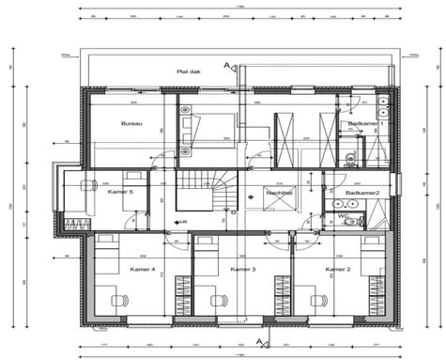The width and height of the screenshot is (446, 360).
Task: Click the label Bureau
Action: coord(131,123)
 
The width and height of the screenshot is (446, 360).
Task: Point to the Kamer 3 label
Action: coord(242,269)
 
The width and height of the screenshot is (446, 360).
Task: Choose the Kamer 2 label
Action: coord(338,269)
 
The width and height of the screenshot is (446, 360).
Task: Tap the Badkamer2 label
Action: coord(361,192)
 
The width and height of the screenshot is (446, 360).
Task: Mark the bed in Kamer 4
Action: coord(109,253)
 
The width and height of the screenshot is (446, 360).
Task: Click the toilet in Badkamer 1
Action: coord(349,156)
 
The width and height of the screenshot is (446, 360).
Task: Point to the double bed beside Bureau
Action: coord(208,122)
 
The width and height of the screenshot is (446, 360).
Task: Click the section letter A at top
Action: coord(226,65)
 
